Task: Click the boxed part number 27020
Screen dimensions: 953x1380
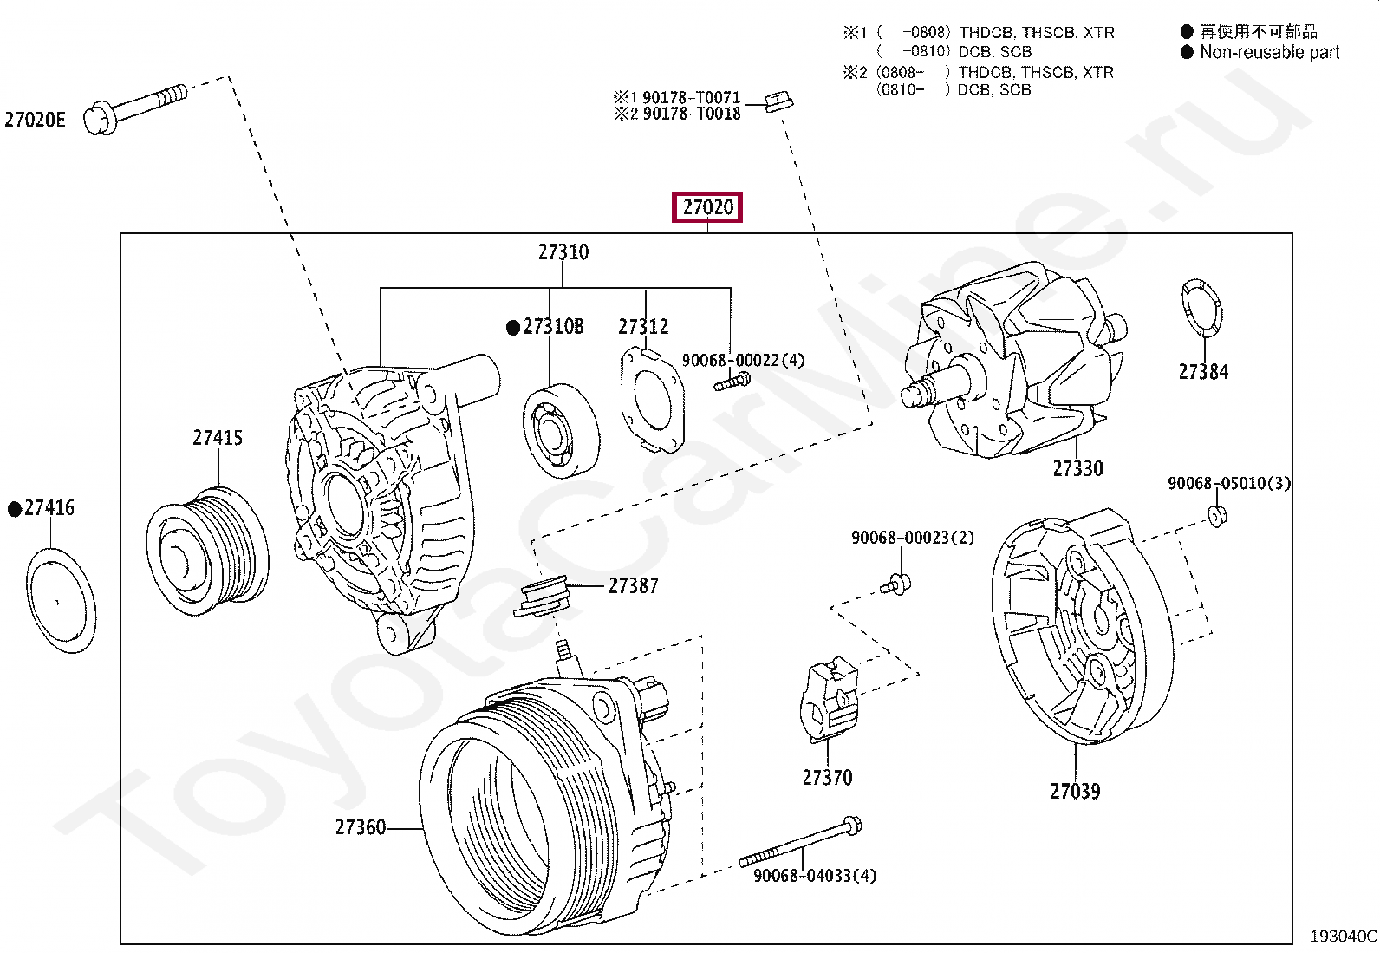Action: point(707,207)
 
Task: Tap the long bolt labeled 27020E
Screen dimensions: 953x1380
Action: point(139,106)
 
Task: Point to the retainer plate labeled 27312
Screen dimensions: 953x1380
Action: point(652,400)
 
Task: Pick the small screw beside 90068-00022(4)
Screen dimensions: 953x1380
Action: point(732,381)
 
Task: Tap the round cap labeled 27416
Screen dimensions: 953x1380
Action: point(61,599)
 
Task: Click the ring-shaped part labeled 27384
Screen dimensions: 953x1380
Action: point(1201,307)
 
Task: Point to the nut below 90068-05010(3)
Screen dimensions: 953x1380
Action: point(1217,516)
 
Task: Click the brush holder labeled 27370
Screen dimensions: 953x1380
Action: point(830,700)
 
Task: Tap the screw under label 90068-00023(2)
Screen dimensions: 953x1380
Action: point(896,584)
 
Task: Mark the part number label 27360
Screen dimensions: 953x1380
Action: point(360,827)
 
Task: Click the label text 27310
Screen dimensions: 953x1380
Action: point(563,252)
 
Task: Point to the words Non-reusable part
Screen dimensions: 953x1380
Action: point(1269,52)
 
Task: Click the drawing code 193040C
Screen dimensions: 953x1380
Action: point(1343,936)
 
